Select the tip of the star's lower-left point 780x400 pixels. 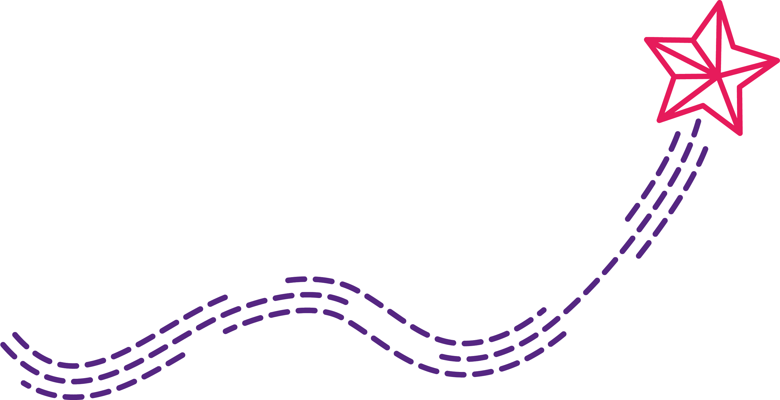tap(659, 121)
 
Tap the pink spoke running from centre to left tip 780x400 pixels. tap(683, 56)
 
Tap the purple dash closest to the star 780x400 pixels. tap(696, 128)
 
